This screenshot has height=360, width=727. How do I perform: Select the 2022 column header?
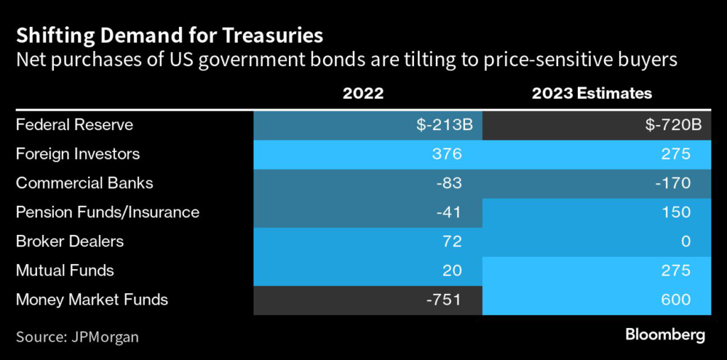tap(363, 93)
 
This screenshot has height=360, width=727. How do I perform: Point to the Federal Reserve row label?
tap(75, 125)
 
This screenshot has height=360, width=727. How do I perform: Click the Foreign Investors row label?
tap(78, 154)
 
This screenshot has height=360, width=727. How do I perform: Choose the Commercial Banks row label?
tap(84, 183)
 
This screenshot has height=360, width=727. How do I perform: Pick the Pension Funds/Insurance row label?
tap(108, 212)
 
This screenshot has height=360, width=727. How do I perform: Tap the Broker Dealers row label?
tap(70, 241)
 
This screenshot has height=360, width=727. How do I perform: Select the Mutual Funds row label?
tap(65, 271)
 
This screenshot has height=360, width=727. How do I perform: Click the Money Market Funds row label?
tap(92, 300)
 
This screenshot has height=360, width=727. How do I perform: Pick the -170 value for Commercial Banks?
tap(672, 183)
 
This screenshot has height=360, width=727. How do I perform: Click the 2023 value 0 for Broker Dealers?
tap(685, 241)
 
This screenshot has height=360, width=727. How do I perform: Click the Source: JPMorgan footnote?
tap(77, 337)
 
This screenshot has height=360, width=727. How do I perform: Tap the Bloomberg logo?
tap(665, 335)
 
